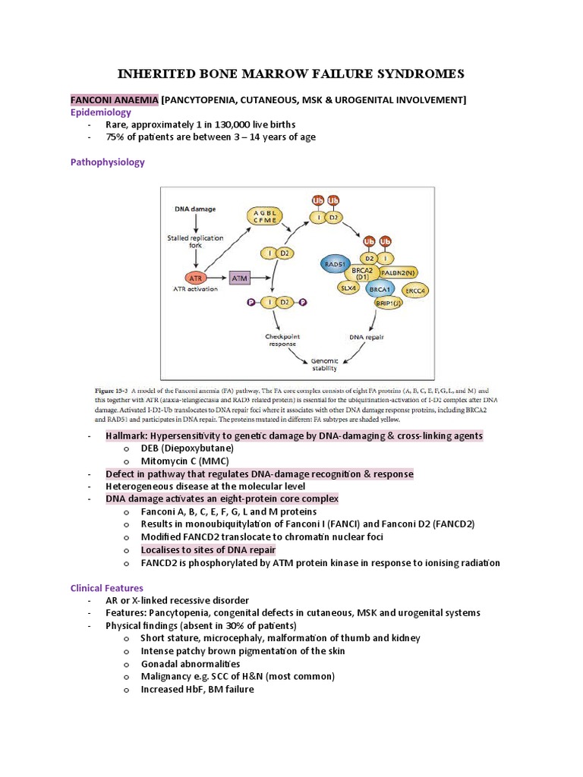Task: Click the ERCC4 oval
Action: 414,290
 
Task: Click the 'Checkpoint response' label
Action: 282,340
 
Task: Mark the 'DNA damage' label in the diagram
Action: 195,209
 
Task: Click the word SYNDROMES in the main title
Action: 405,74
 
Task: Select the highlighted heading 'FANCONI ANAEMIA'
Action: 115,100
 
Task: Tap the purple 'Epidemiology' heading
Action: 101,112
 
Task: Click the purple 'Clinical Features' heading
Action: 106,588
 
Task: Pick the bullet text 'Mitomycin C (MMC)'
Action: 185,461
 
